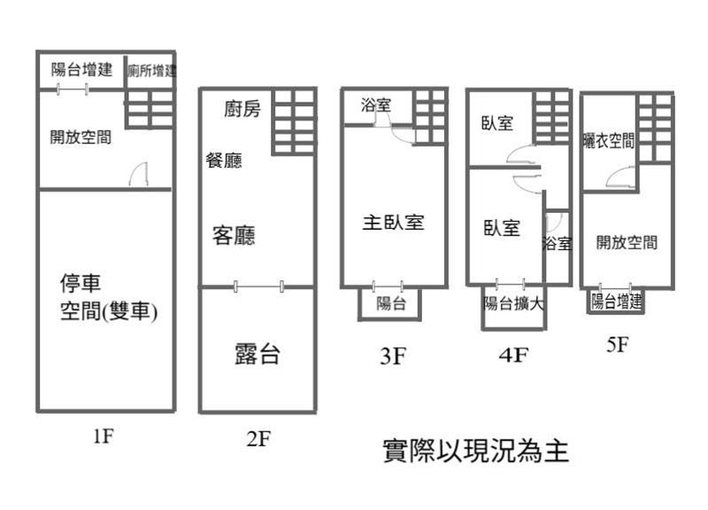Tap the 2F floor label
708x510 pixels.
click(x=258, y=439)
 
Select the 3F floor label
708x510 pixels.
click(x=392, y=356)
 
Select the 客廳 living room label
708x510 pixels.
click(x=235, y=236)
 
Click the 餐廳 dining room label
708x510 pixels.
click(x=224, y=161)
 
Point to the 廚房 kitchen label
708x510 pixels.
click(x=242, y=110)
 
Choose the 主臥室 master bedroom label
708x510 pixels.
click(x=393, y=222)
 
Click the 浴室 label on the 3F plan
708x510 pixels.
click(x=376, y=105)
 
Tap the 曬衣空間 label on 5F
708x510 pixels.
click(x=609, y=141)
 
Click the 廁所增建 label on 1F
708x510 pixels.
click(x=150, y=71)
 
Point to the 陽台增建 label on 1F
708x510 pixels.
click(x=81, y=70)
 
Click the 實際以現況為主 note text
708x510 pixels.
click(x=474, y=452)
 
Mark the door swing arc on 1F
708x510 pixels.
click(x=138, y=175)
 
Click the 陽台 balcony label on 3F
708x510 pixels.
click(x=390, y=304)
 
